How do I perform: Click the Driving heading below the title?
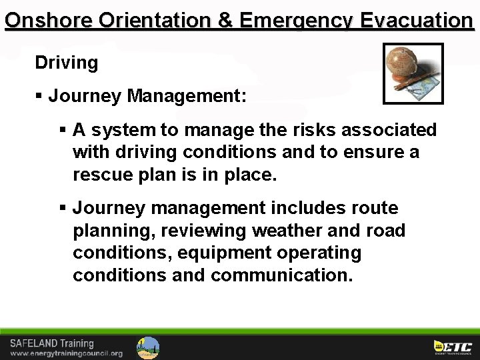[x=67, y=63]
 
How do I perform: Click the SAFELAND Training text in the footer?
[x=52, y=344]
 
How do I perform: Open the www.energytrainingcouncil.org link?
[x=66, y=353]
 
